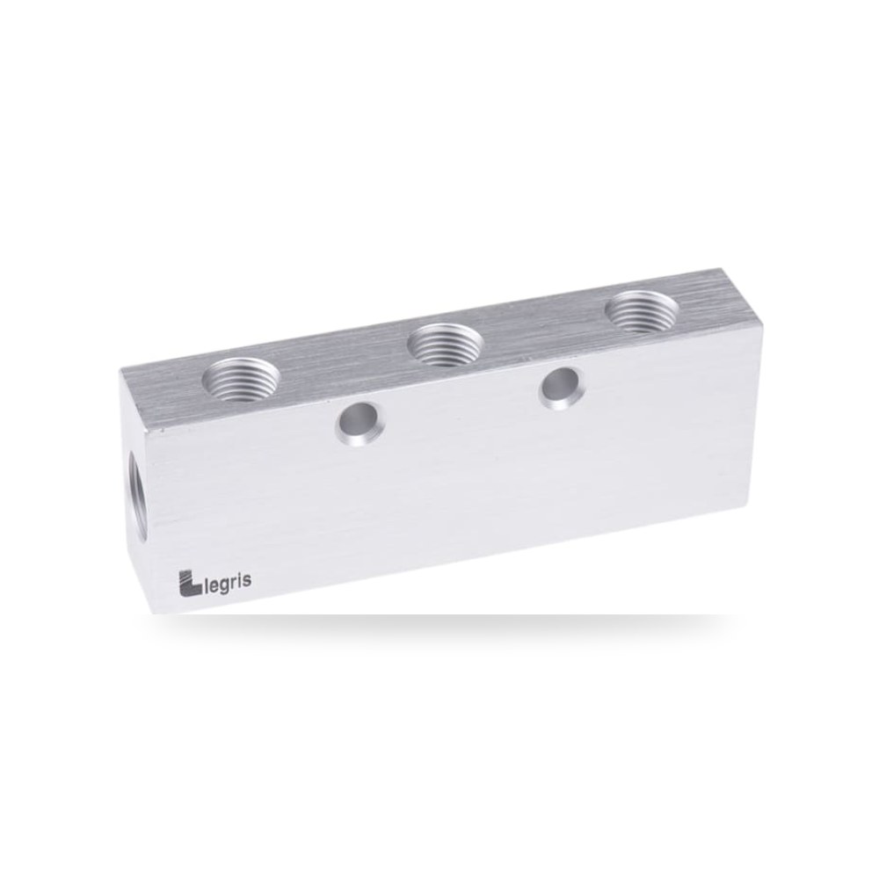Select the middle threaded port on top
[446, 345]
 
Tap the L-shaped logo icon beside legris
[190, 583]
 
